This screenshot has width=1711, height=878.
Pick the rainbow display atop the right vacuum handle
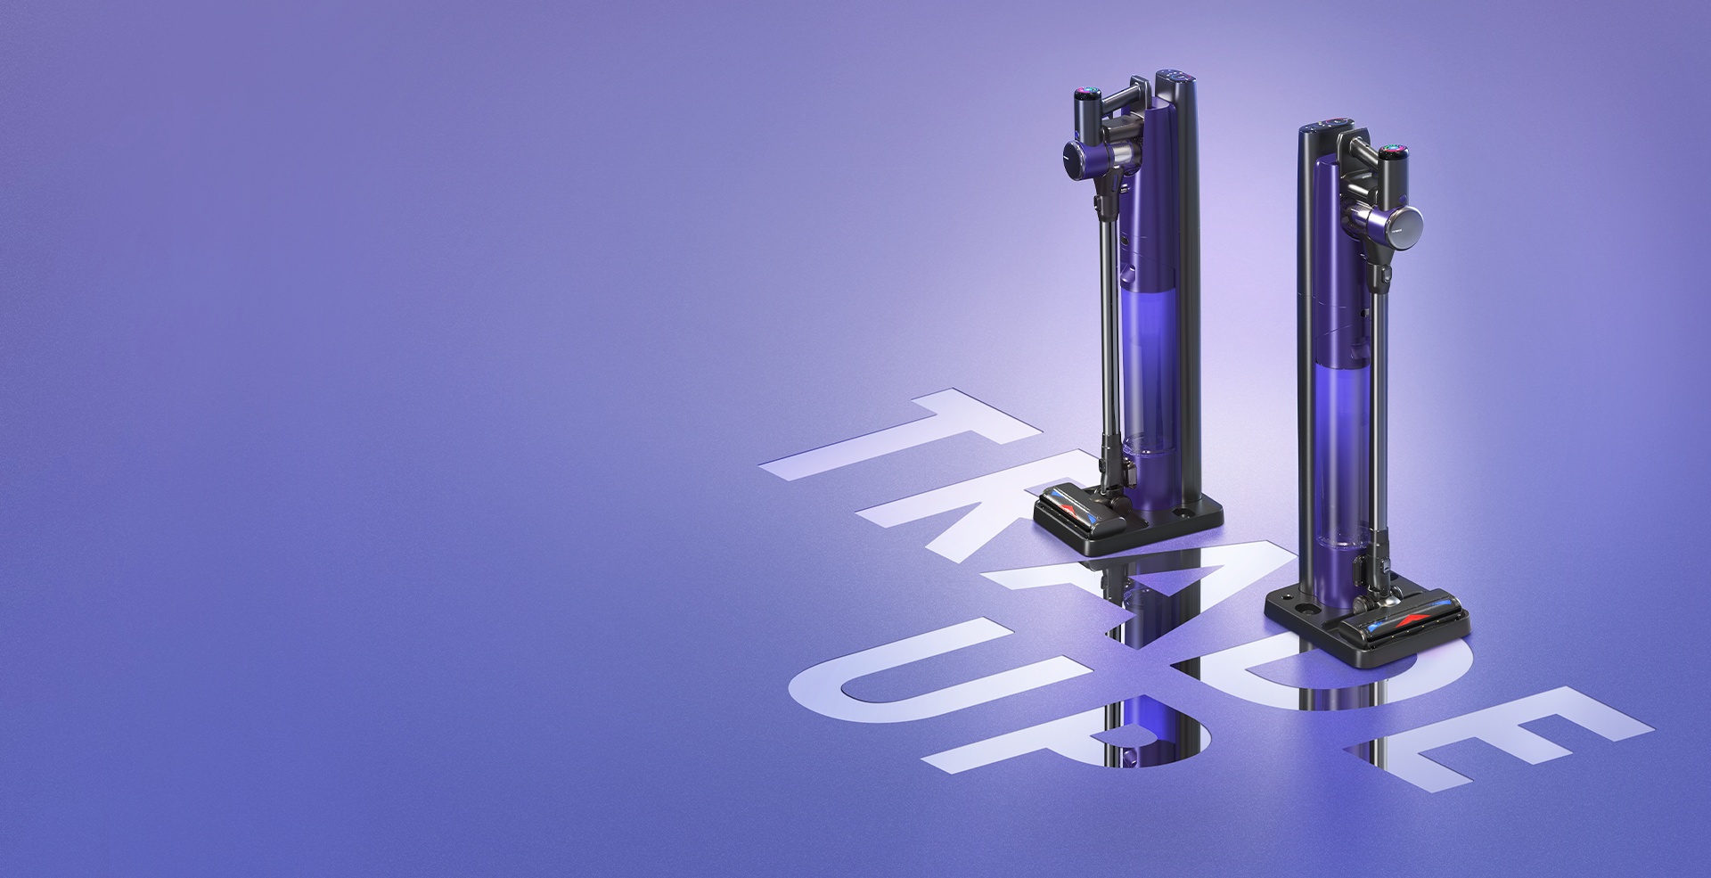point(1393,150)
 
